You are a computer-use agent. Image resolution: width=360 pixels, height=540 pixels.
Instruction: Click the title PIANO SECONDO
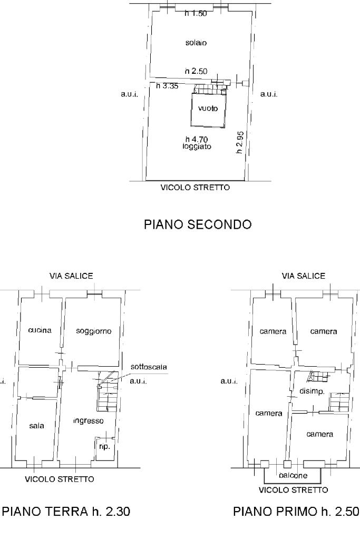(198, 224)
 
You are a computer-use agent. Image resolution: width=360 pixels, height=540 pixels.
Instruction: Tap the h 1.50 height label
(196, 14)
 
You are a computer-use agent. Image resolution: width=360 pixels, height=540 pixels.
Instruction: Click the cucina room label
(40, 331)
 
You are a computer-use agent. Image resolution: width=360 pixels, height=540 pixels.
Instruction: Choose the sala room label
(37, 425)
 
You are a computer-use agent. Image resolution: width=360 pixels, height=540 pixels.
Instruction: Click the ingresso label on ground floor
(89, 421)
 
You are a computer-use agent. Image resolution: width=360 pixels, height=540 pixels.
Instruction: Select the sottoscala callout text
(146, 367)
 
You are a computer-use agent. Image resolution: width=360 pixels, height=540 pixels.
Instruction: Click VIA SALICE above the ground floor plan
(72, 276)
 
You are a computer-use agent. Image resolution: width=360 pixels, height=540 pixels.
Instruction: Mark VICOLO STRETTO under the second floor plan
(195, 187)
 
